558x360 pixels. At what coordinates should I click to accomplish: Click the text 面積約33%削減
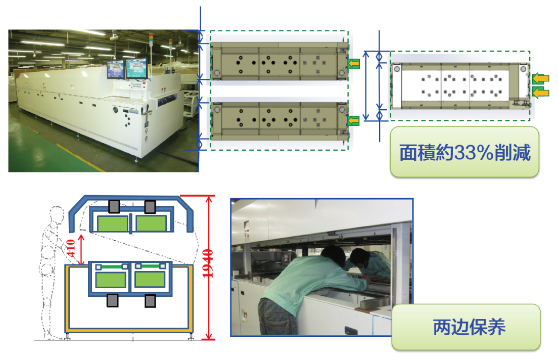[x=465, y=153]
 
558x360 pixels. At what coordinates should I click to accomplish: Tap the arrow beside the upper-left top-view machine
[x=354, y=63]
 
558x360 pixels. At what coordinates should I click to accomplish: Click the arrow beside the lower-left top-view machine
[x=354, y=120]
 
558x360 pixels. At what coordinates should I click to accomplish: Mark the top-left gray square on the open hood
[x=114, y=206]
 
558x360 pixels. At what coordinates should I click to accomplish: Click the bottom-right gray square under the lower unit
[x=150, y=301]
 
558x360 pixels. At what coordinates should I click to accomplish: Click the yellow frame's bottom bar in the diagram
[x=129, y=330]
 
